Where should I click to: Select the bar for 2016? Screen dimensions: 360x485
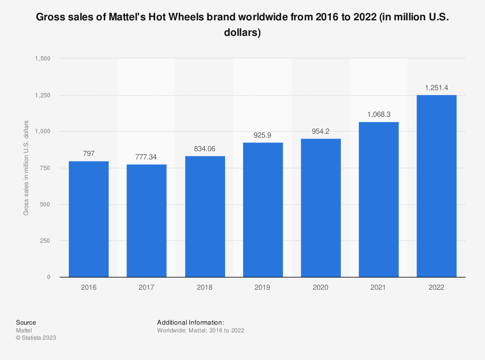[89, 219]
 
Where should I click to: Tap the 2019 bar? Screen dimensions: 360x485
[263, 209]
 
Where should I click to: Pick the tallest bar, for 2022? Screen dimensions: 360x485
[436, 186]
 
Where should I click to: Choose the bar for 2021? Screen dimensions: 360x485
[379, 199]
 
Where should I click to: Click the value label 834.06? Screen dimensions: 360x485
[205, 148]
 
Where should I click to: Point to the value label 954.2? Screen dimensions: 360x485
[321, 131]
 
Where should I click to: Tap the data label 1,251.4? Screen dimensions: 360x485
[436, 87]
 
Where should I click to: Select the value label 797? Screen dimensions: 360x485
[89, 154]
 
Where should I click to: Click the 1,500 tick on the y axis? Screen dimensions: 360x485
[42, 59]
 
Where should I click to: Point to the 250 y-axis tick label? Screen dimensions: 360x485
[45, 241]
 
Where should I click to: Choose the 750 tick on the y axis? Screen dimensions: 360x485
[45, 168]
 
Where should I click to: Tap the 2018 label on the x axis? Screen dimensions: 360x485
[205, 287]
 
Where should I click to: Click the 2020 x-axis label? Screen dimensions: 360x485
[321, 287]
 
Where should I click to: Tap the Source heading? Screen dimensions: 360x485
[26, 322]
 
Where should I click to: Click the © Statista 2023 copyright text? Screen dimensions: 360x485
[36, 338]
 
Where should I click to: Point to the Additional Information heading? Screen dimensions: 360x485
[190, 322]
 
